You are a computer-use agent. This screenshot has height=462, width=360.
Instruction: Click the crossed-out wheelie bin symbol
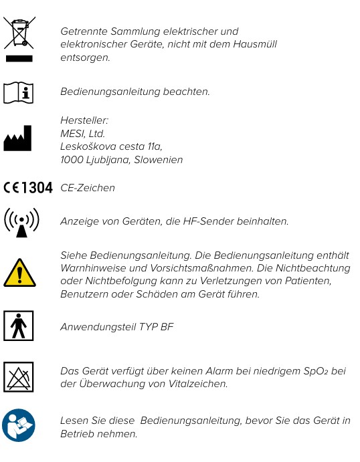click(x=19, y=33)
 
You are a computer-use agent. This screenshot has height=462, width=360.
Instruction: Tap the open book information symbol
click(x=19, y=92)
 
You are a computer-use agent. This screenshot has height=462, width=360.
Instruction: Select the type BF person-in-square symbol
click(x=18, y=326)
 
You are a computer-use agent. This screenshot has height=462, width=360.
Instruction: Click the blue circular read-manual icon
click(x=19, y=425)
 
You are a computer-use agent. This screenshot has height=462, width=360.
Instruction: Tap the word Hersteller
click(x=84, y=120)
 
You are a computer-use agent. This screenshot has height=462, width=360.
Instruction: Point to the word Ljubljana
click(x=108, y=160)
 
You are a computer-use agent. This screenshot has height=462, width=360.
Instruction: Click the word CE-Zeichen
click(x=88, y=188)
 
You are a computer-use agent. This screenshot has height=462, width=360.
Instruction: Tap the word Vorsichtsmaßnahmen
click(x=201, y=268)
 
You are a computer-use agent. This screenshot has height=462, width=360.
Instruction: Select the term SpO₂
click(x=323, y=371)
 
